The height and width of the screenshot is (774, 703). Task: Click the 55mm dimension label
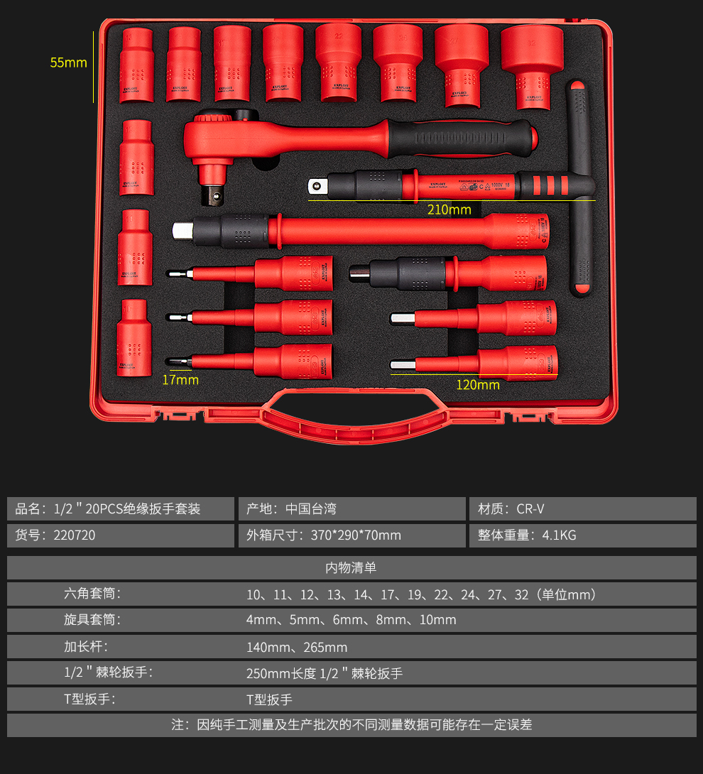coord(68,62)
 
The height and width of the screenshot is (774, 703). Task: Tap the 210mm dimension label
coord(449,209)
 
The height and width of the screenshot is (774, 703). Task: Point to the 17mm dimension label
coord(180,380)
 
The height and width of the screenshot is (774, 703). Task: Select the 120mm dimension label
coord(478,385)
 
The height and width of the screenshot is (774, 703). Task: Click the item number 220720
coord(75,535)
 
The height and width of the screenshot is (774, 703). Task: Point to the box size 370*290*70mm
coord(356,535)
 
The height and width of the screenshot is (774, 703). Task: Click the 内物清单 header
coord(351,567)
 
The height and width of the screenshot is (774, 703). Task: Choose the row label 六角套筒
coord(92,594)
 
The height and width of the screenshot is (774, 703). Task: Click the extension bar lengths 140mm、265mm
coord(297,647)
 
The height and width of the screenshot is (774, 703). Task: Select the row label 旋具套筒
coord(92,620)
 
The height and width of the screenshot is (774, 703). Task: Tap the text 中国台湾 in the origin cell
coord(311,508)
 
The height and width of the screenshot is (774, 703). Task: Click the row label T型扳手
coord(89,699)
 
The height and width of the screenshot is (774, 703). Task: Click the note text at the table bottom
coord(351,725)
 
